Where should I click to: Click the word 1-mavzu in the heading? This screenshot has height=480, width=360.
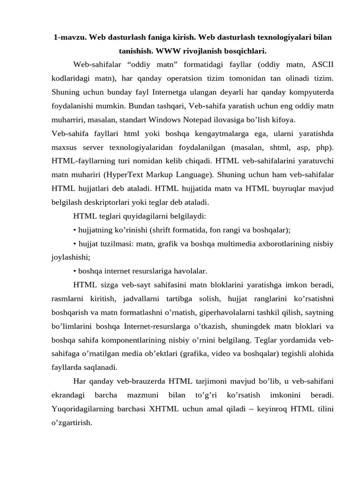point(68,37)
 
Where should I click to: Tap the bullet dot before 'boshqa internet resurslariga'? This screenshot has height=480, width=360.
point(75,271)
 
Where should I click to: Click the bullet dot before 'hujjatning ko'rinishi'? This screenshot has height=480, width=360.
point(75,230)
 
